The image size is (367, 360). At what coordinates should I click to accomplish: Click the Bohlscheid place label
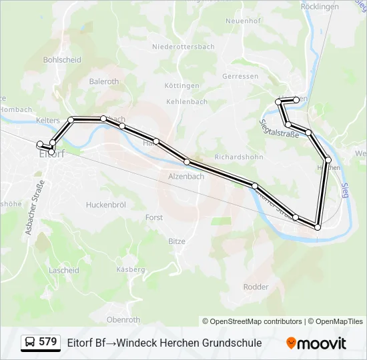(x=62, y=60)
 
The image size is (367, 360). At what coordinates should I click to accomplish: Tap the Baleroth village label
(x=103, y=81)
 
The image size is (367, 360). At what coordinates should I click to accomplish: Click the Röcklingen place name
(x=320, y=6)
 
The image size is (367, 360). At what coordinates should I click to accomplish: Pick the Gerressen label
(x=240, y=77)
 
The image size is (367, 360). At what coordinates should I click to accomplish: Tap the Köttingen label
(x=182, y=86)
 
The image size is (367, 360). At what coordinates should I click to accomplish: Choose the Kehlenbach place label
(x=186, y=102)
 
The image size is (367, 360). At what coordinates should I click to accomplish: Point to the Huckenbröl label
(x=106, y=205)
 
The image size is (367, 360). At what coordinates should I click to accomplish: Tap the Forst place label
(x=154, y=217)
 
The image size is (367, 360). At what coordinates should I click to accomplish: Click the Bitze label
(x=177, y=241)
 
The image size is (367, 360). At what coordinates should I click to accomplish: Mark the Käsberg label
(x=130, y=269)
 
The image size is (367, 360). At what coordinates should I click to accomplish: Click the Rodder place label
(x=256, y=287)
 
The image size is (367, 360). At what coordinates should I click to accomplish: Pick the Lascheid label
(x=64, y=271)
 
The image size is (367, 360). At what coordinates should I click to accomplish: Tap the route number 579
(x=48, y=342)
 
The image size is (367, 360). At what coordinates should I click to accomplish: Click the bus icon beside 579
(x=30, y=343)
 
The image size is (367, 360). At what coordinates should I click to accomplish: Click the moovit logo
(x=316, y=343)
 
